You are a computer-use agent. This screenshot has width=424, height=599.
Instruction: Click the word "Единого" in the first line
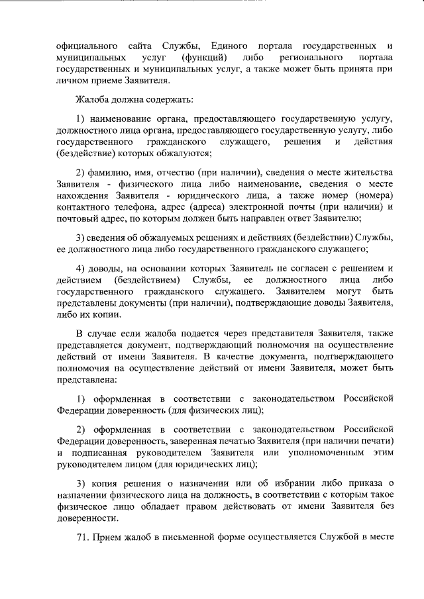(230, 46)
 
